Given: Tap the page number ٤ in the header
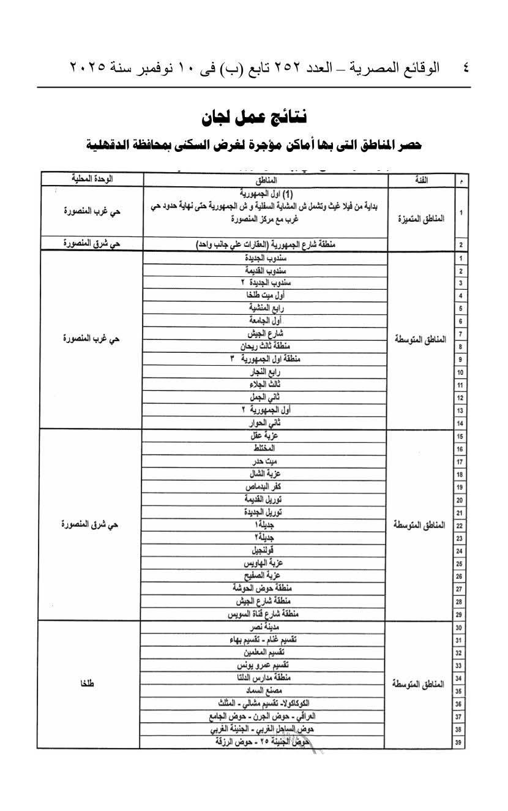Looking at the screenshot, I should click(x=466, y=67).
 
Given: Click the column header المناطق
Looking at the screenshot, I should click(x=266, y=179).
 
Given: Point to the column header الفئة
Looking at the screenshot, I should click(x=420, y=179).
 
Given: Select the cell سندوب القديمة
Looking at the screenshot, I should click(x=265, y=271).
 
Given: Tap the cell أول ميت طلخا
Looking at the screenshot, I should click(x=265, y=296).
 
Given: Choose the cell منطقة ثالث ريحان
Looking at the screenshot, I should click(x=265, y=347).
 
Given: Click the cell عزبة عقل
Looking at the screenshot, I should click(x=265, y=436).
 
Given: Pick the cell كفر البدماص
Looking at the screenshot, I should click(x=265, y=487).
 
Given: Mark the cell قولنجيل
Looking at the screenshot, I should click(x=265, y=551).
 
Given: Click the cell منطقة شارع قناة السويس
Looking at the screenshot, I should click(x=265, y=614).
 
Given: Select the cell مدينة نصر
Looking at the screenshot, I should click(x=265, y=627).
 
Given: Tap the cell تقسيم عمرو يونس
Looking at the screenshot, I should click(x=265, y=665).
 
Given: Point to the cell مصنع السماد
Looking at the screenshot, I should click(x=265, y=691).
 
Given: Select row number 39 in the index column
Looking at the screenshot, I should click(x=458, y=744).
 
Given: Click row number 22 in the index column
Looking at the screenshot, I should click(x=458, y=526).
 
